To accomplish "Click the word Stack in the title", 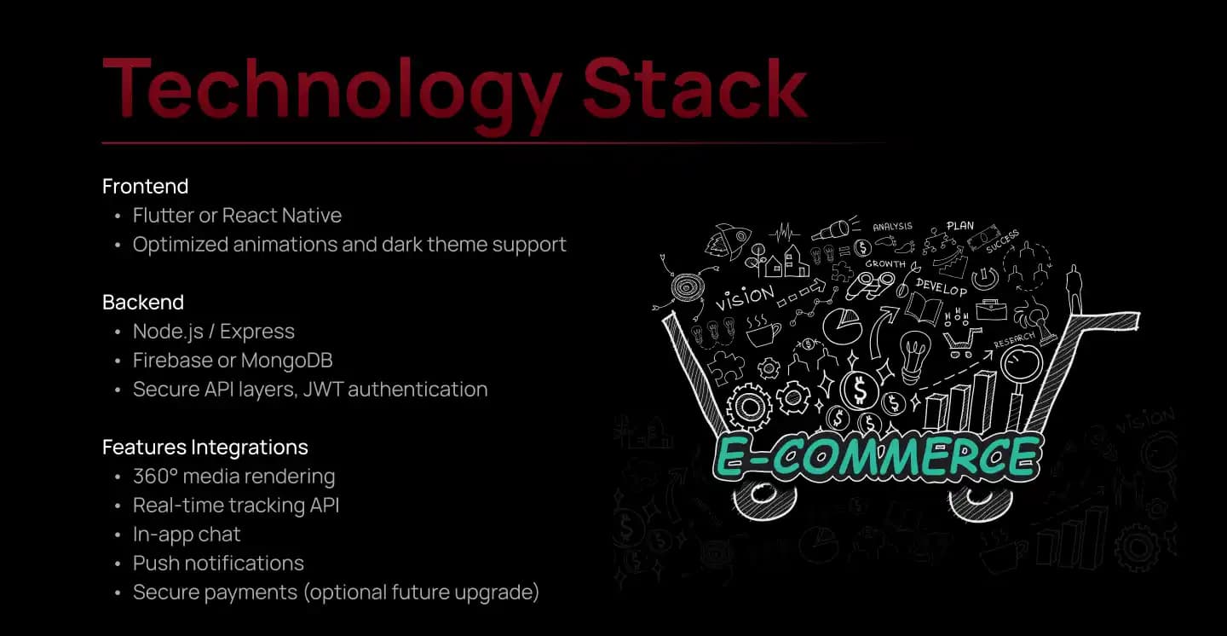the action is point(694,88).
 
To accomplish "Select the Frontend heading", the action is point(145,187).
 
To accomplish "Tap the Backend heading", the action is point(143,302).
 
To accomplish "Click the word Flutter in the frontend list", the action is point(164,216).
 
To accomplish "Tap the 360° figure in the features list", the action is point(155,476).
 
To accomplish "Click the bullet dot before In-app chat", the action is point(118,535).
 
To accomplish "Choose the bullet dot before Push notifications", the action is point(118,564).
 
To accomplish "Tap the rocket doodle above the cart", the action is point(726,240).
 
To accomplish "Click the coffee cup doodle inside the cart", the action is point(762,330).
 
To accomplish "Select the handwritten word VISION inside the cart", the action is point(745,298).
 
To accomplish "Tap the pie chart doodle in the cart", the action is point(843,326).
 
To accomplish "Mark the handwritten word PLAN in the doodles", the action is point(960,226).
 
